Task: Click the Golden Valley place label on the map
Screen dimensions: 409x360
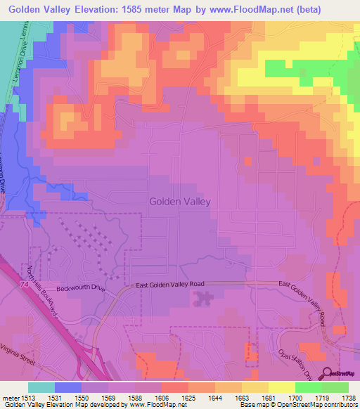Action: tap(180, 201)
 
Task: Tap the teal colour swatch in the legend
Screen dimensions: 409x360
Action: tap(41, 387)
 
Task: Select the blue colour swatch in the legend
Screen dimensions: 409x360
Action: tap(67, 387)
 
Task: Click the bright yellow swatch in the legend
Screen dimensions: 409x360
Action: tap(281, 387)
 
